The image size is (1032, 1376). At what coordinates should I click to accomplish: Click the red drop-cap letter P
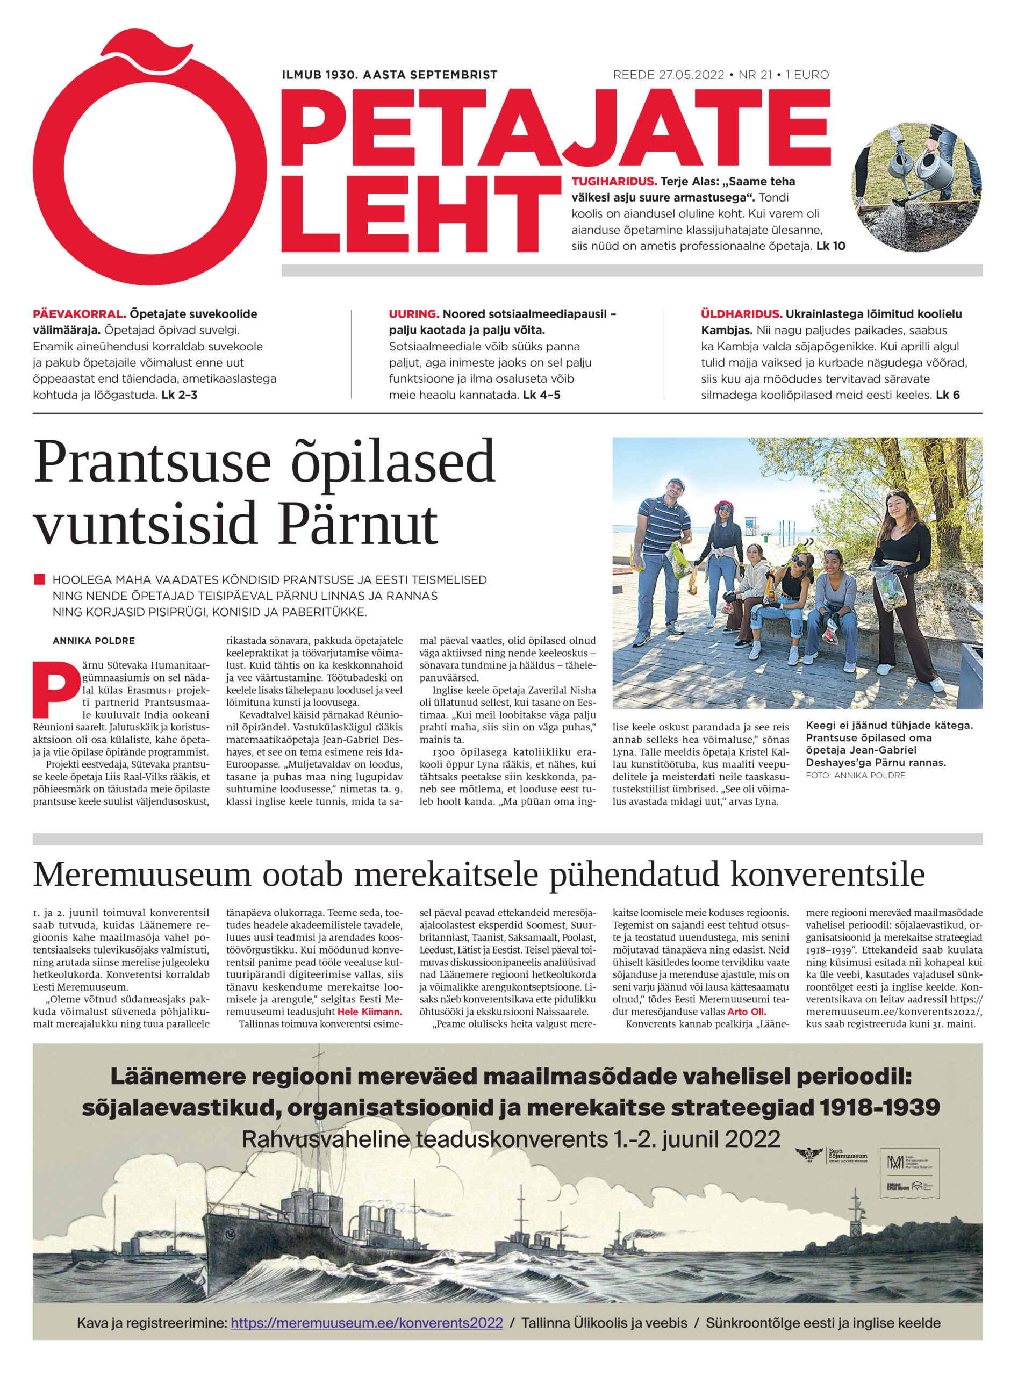56,689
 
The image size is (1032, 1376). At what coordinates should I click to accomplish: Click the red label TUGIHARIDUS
614,182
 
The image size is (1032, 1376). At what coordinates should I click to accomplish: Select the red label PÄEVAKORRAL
80,314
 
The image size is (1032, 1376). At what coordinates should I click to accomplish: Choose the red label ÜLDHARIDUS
741,314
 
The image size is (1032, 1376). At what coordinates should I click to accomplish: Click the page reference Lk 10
830,246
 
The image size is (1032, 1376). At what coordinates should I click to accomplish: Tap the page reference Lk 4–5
541,395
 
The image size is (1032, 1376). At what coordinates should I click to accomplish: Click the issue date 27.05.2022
691,75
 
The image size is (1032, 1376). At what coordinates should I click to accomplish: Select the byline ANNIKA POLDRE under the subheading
94,641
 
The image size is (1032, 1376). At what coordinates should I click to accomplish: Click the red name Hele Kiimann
369,1012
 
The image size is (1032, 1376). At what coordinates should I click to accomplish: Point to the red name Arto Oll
747,1012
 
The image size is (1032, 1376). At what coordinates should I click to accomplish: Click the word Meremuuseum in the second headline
142,875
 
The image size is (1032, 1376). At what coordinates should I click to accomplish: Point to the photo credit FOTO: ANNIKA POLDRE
855,776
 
